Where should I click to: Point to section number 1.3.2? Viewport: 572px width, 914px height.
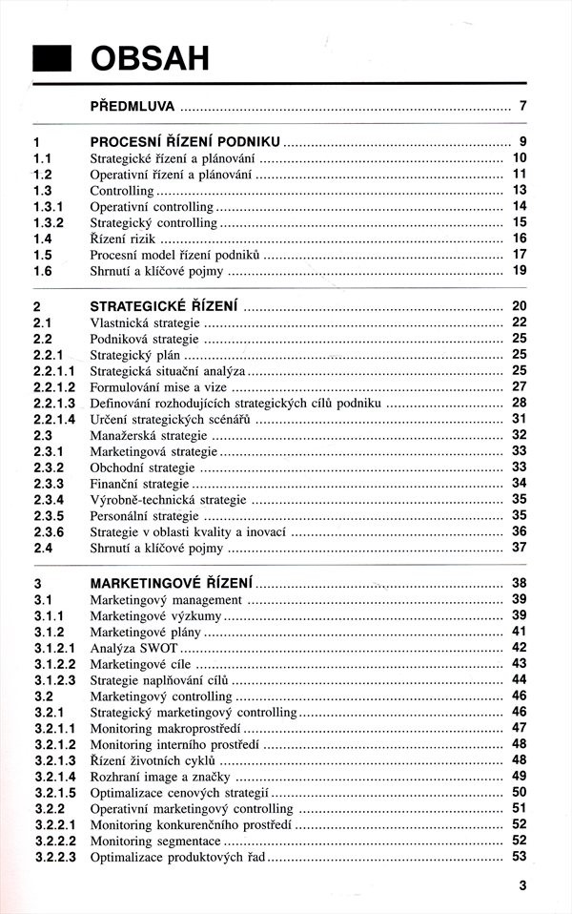tap(49, 222)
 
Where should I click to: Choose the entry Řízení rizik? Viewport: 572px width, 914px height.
tap(124, 239)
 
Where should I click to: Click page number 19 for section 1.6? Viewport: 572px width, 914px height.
tap(520, 271)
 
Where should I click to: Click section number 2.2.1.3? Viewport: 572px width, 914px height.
tap(55, 403)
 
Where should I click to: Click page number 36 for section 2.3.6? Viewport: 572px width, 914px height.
tap(520, 531)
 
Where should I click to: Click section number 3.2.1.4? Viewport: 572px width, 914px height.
tap(55, 777)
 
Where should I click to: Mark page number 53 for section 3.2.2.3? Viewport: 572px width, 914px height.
tap(520, 857)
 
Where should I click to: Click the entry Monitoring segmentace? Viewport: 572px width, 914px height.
tap(155, 841)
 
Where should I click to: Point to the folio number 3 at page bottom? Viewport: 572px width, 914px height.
tap(522, 885)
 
